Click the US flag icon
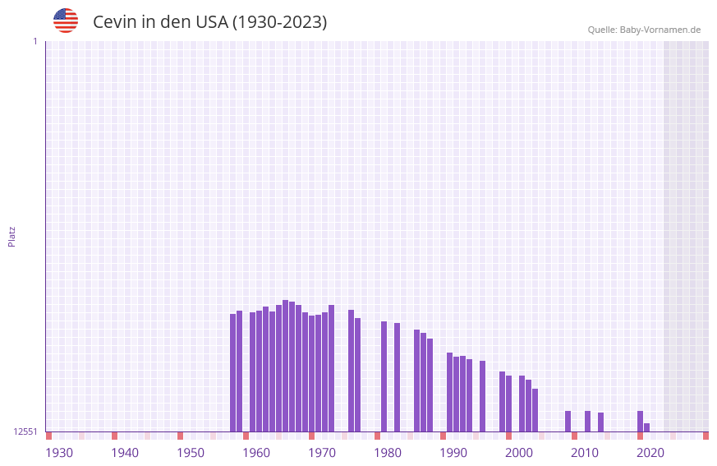pos(66,21)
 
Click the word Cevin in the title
pos(114,22)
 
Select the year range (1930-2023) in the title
pos(280,22)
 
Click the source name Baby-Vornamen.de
pos(660,30)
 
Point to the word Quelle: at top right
pos(602,30)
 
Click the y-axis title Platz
pos(11,236)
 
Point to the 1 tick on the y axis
pos(34,41)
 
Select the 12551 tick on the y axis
pos(25,431)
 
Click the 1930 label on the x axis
pos(59,453)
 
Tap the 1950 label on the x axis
pos(191,453)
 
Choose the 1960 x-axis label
pos(256,453)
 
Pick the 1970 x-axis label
pos(322,453)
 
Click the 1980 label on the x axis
pos(388,453)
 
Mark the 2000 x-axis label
pos(519,453)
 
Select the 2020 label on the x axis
pos(650,453)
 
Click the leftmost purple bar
pos(233,372)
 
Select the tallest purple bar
pos(285,366)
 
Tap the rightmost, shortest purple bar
pos(647,427)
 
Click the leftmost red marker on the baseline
pos(48,436)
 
